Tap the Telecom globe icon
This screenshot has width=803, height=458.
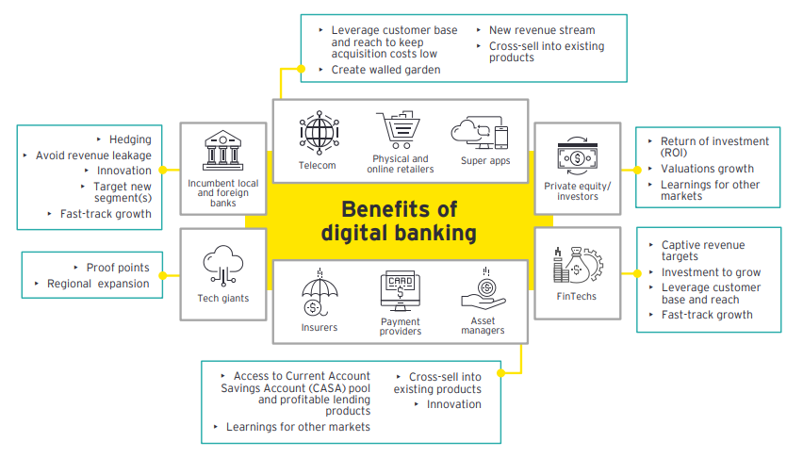click(x=318, y=134)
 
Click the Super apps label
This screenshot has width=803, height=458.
click(x=486, y=161)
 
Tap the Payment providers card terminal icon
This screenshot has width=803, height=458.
click(x=400, y=291)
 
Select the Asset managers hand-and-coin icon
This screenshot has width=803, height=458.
click(x=483, y=292)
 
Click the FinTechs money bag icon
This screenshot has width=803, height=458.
click(x=576, y=265)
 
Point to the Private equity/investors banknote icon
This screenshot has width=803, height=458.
click(x=577, y=155)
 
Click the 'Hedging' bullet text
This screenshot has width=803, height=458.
click(x=130, y=139)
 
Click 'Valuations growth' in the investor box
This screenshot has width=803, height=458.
click(x=707, y=169)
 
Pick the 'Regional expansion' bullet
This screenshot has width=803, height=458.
click(x=98, y=284)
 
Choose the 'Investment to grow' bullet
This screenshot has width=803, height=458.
click(x=711, y=272)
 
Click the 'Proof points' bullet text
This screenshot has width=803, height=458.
click(x=118, y=268)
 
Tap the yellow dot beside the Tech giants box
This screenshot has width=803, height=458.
click(x=163, y=274)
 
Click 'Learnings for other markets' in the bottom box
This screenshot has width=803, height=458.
click(x=298, y=427)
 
